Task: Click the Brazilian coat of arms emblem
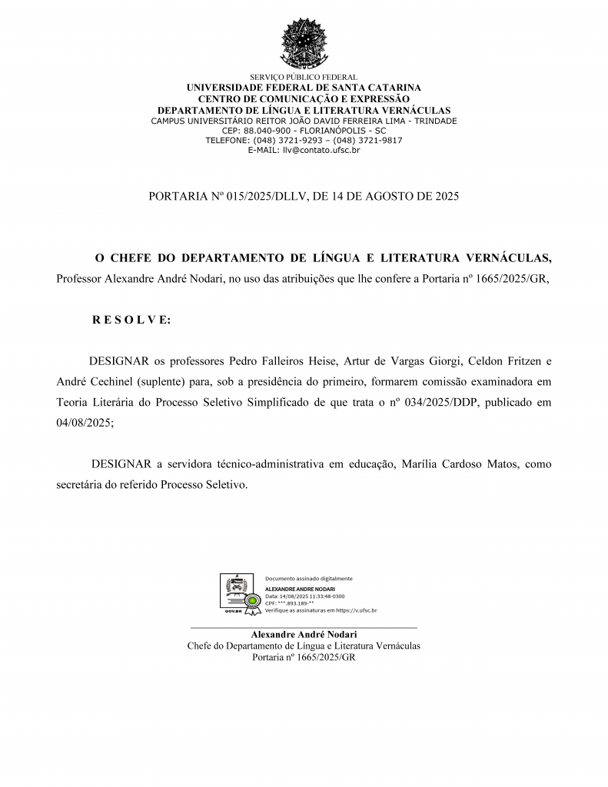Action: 304,44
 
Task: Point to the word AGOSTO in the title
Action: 397,197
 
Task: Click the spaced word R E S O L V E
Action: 131,320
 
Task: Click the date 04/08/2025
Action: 85,423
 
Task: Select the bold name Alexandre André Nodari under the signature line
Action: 304,634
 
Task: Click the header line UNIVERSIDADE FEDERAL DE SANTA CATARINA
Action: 304,88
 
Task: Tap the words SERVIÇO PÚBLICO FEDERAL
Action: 304,78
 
